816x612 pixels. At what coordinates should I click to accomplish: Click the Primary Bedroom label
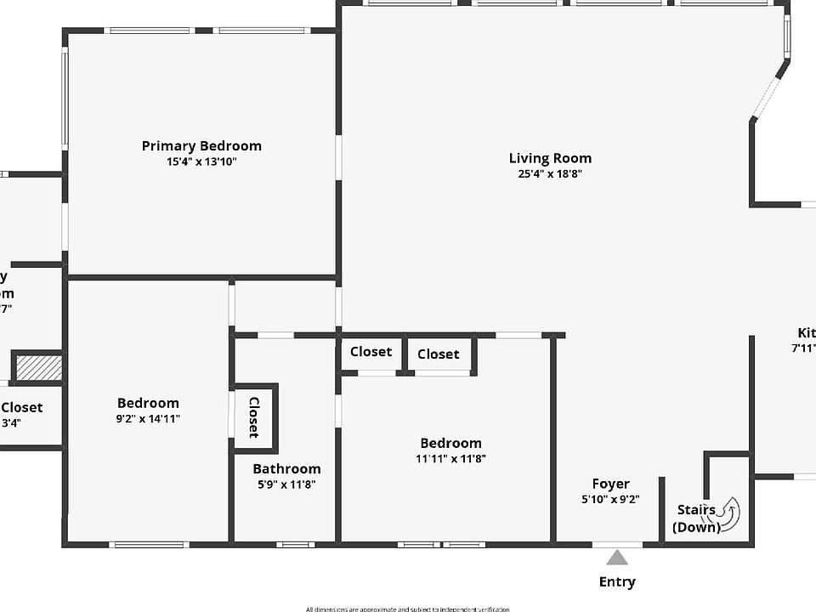click(x=201, y=146)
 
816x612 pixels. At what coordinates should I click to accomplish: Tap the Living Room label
click(x=550, y=158)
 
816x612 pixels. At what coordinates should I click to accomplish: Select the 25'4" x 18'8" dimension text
click(x=550, y=174)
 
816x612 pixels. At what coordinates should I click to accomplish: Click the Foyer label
click(x=610, y=484)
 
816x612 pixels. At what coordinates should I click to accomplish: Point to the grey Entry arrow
click(x=617, y=558)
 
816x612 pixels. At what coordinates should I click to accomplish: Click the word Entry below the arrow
click(x=617, y=582)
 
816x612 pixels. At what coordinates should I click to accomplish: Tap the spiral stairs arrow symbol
click(x=724, y=513)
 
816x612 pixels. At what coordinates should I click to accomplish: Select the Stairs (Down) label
click(x=696, y=518)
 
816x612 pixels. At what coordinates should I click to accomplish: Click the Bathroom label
click(x=286, y=469)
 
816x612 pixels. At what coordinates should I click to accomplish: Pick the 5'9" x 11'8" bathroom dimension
click(x=286, y=484)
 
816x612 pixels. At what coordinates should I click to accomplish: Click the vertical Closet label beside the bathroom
click(x=253, y=417)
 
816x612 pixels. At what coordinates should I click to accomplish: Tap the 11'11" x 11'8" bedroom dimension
click(x=450, y=459)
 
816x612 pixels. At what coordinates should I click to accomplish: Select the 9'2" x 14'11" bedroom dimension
click(x=148, y=418)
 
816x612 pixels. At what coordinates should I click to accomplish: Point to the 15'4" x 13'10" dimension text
click(x=201, y=161)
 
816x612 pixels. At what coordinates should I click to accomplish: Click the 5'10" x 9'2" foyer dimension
click(x=610, y=500)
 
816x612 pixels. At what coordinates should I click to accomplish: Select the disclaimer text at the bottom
click(x=408, y=609)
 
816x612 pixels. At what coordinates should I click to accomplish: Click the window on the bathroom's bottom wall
click(x=295, y=544)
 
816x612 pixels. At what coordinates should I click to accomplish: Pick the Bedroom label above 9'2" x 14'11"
click(x=148, y=403)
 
